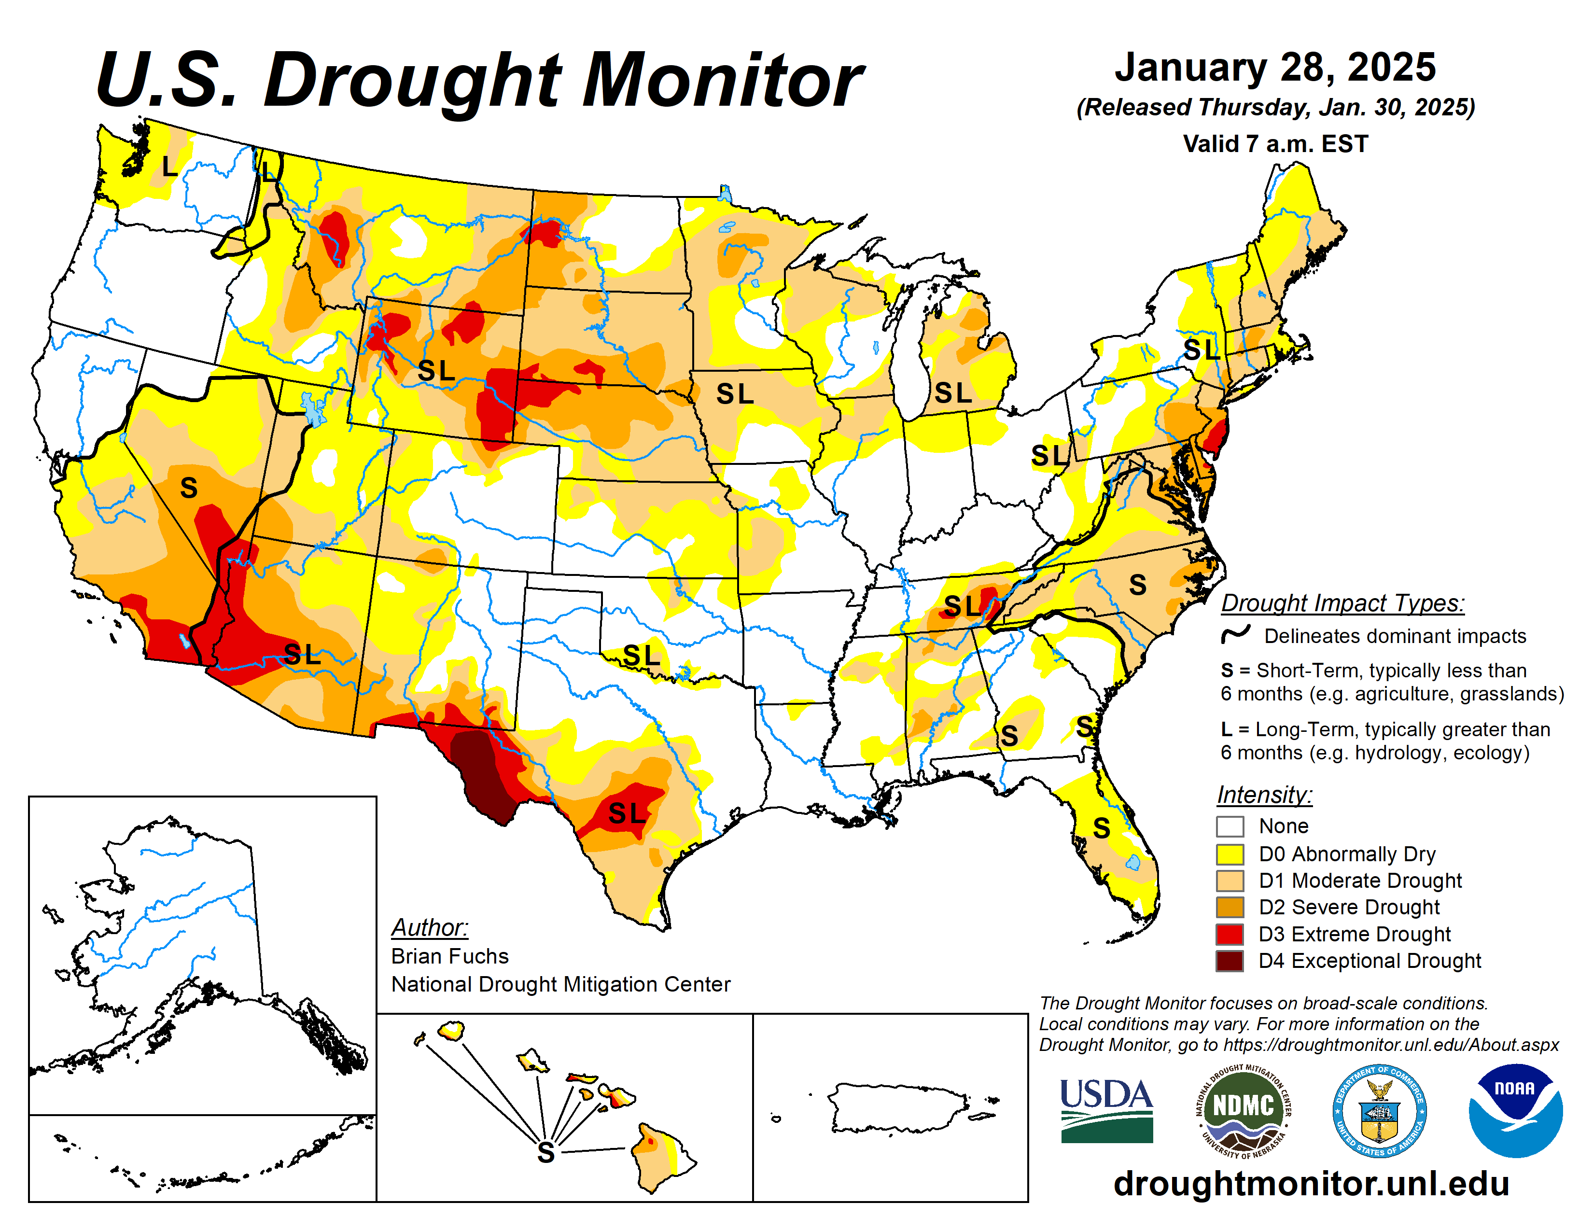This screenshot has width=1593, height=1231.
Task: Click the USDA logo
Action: pos(1106,1110)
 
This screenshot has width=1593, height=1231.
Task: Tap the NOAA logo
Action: pos(1515,1110)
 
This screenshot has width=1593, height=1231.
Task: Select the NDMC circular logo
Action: pos(1244,1110)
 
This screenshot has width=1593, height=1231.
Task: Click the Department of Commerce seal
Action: pos(1379,1110)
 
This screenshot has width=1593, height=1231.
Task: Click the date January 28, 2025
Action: pos(1275,68)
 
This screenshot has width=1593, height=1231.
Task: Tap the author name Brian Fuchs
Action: pos(449,956)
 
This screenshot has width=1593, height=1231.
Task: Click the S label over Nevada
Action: pos(189,487)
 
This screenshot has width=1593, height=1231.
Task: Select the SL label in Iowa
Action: pos(735,394)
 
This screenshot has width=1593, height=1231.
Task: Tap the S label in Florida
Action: pos(1102,828)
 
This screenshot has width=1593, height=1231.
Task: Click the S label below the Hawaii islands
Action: pos(545,1153)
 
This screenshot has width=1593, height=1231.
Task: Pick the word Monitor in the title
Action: pos(722,80)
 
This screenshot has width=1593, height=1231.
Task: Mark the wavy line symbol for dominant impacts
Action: pos(1236,634)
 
